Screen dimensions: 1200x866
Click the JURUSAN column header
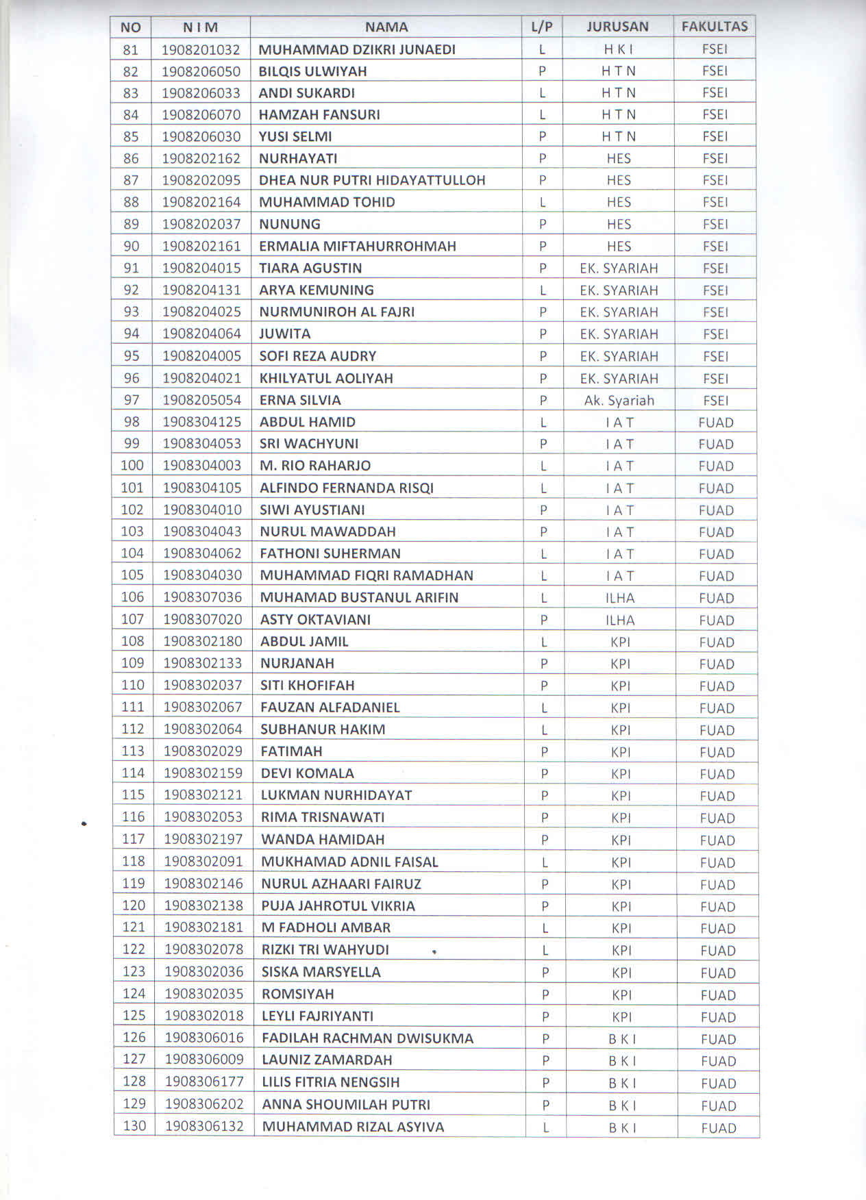point(617,27)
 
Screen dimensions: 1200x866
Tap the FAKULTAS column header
point(714,27)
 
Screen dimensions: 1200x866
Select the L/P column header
point(541,27)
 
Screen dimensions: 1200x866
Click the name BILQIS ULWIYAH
point(312,71)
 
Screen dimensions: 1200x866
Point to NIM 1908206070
point(201,114)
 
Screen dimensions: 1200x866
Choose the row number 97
point(132,400)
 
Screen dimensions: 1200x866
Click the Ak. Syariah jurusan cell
point(619,401)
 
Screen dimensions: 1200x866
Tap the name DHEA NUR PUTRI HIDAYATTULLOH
point(372,180)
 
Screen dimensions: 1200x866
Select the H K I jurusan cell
point(617,49)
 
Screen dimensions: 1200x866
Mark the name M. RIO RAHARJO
point(315,466)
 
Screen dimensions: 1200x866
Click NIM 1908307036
point(202,597)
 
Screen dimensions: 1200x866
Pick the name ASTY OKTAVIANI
point(315,620)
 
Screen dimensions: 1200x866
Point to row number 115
point(133,795)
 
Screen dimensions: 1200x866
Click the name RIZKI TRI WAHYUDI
point(325,950)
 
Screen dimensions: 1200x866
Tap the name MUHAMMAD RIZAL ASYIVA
point(353,1127)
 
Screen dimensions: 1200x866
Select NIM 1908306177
point(204,1082)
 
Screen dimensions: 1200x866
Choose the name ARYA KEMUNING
point(316,290)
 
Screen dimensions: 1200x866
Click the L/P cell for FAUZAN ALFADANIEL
point(544,708)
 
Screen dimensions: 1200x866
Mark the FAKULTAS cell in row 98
point(716,423)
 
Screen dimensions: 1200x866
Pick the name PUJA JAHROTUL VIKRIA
point(338,906)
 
